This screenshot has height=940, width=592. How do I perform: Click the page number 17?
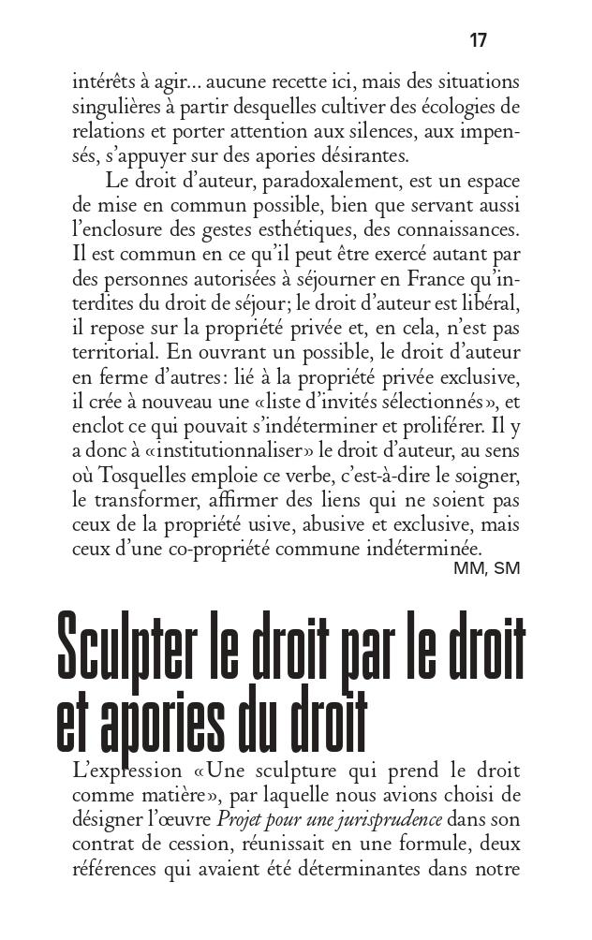[x=478, y=40]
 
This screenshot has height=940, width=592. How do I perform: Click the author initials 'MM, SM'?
[x=486, y=567]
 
